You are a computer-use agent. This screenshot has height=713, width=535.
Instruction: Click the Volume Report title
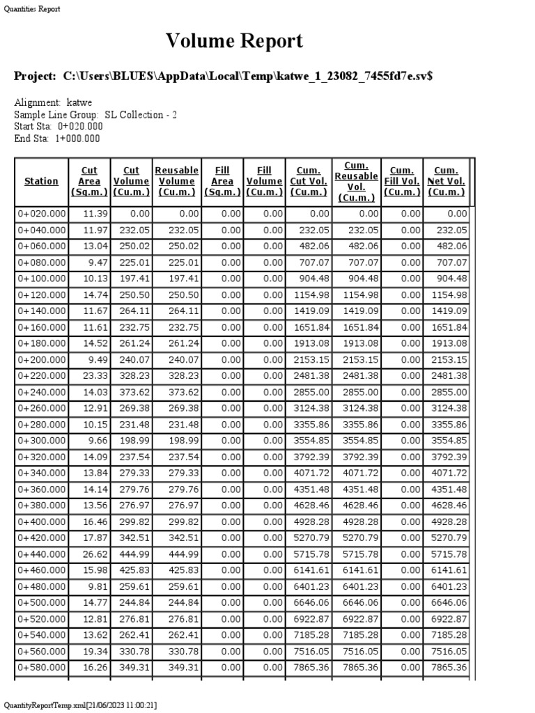point(234,41)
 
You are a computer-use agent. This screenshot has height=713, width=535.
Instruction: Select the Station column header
point(41,181)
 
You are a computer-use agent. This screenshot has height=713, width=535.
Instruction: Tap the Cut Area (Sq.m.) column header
point(89,181)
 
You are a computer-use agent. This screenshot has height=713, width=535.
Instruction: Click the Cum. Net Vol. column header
point(446,181)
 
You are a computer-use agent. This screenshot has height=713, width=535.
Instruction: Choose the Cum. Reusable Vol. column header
point(356,181)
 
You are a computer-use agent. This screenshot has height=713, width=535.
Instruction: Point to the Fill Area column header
point(222,181)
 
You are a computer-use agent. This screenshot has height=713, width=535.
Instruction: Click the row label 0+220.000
point(42,375)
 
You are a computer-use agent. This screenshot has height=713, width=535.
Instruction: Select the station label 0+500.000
point(42,602)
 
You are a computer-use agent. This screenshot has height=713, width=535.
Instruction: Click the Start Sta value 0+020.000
point(80,126)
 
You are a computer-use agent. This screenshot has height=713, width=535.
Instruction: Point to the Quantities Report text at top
point(32,9)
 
